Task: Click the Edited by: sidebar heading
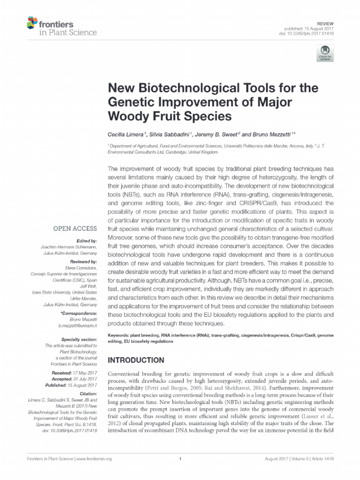86,240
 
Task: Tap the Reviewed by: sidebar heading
83,261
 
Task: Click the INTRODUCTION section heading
136,360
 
